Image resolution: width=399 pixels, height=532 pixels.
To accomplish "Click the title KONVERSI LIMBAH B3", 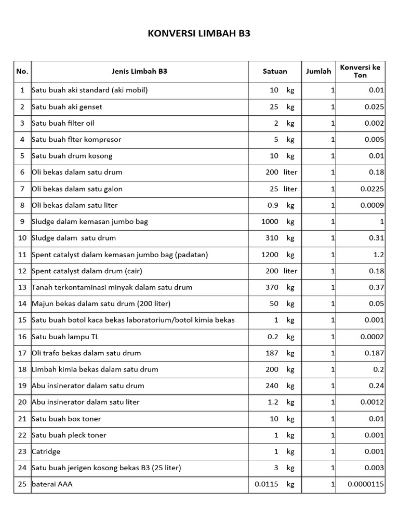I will coord(199,35).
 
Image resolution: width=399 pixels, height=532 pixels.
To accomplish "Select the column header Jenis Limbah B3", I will coord(139,72).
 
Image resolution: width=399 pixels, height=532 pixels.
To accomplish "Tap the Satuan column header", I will coord(275,72).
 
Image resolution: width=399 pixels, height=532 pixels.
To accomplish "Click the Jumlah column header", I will coord(318,72).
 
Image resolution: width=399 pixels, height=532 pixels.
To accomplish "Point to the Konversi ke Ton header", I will coord(360,72).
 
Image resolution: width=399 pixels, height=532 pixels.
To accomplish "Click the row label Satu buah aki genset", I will coord(67,107).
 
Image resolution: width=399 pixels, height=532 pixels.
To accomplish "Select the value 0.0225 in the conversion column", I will coord(372,189).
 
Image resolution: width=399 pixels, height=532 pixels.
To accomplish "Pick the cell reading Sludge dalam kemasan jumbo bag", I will coord(90,222).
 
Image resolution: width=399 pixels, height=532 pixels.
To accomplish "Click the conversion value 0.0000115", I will coord(366,485).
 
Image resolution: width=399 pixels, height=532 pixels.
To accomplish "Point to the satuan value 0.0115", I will coord(266,485).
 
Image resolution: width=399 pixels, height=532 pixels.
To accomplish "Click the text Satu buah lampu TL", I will coord(65,337).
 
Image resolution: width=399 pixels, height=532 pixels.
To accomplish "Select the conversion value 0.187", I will coord(374,353).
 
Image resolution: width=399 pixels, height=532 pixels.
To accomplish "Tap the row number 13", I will coord(22,287).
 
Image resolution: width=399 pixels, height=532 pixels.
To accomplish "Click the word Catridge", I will coord(46,451).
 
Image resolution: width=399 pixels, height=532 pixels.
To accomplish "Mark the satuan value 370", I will coord(272,287).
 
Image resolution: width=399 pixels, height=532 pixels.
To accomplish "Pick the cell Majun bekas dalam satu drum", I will coord(101,304).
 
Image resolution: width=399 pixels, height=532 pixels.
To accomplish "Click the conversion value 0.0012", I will coord(372,402).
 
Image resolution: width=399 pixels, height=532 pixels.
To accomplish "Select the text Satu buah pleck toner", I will coord(69,435).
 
